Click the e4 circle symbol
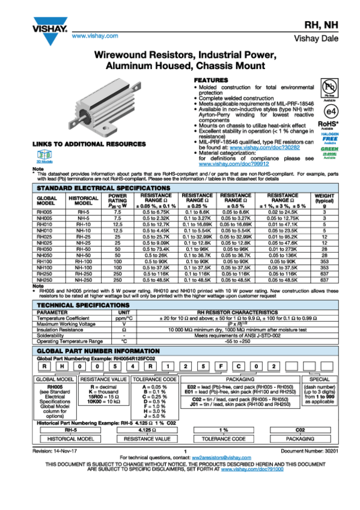coord(330,112)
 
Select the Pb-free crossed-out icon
coord(329,85)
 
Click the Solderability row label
coord(50,336)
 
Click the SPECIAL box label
coord(319,379)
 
